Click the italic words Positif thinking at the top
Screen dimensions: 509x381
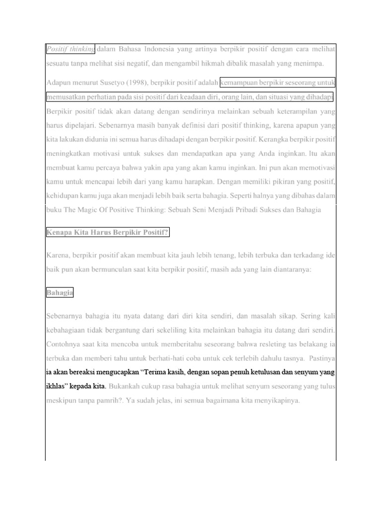(70, 49)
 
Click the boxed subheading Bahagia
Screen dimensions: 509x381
(60, 293)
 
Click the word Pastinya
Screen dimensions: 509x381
(320, 358)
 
